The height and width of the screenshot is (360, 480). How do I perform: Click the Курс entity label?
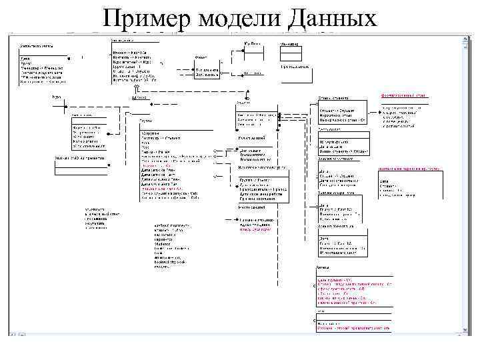[x=57, y=97]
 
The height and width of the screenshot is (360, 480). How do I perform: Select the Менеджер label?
[x=288, y=45]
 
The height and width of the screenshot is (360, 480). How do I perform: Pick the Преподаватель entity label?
[x=294, y=67]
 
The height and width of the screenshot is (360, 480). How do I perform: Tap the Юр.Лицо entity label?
[x=251, y=44]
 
